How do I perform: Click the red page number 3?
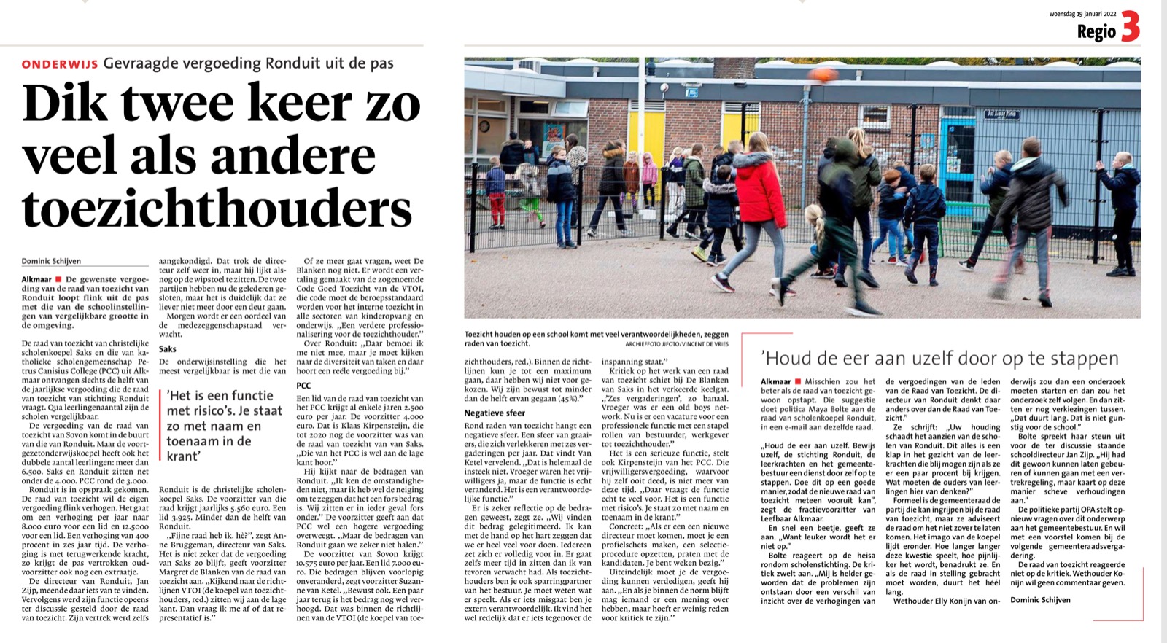point(1130,27)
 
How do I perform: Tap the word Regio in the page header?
point(1096,31)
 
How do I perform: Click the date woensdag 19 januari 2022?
point(1082,14)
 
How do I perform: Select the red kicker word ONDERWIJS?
point(60,64)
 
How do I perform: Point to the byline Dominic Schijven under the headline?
point(51,261)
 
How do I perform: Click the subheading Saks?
point(167,349)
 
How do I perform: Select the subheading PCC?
point(303,385)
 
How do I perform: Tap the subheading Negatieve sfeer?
point(495,413)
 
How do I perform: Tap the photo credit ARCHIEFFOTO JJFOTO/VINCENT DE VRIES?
point(678,343)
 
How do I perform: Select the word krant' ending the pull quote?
point(183,456)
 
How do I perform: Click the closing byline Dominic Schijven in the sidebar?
point(1040,600)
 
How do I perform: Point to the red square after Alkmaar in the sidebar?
point(798,381)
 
